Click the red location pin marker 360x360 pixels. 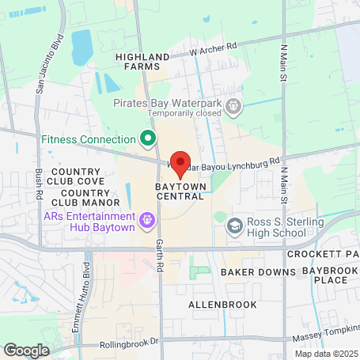point(180,162)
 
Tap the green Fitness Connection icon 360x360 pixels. point(147,139)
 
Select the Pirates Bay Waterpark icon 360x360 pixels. point(233,105)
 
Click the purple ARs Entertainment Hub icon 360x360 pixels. point(146,219)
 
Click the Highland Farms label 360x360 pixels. point(142,63)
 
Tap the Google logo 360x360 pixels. point(26,350)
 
